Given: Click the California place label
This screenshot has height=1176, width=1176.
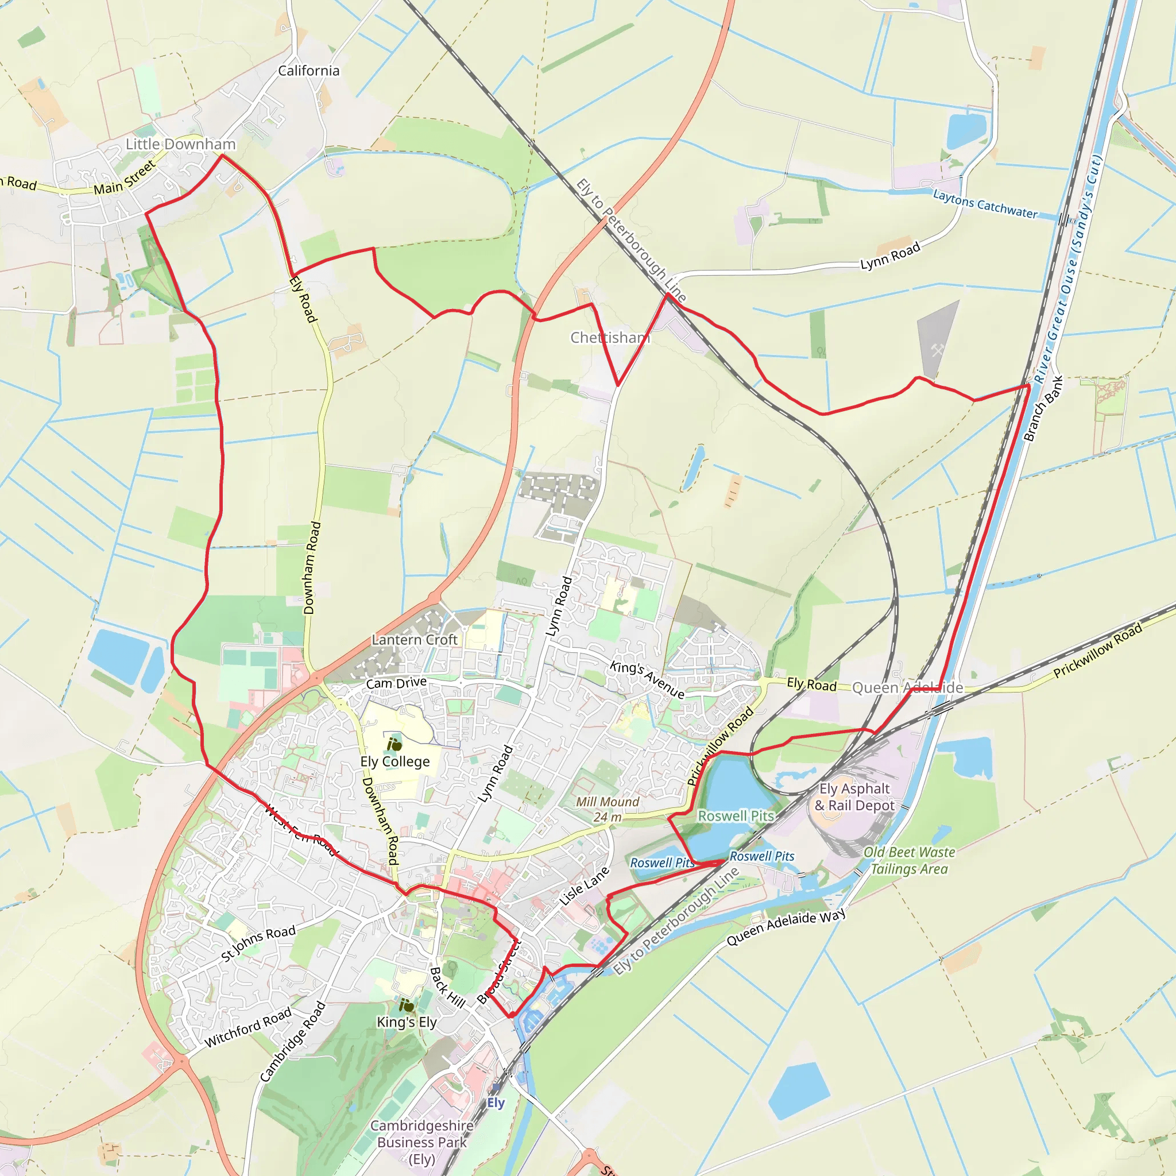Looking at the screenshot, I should tap(308, 71).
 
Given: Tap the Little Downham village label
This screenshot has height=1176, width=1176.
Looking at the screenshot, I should tap(180, 144).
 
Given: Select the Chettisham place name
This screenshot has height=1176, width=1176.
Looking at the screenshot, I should tap(610, 338).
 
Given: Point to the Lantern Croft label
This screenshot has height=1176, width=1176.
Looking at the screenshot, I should tap(415, 640).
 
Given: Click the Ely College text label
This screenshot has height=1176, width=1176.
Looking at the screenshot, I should tap(395, 761).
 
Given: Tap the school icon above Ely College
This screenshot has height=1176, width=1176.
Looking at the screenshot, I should tap(394, 744).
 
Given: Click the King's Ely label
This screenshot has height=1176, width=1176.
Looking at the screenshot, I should tap(407, 1022).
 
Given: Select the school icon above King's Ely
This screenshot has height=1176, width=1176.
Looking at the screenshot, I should tap(406, 1005).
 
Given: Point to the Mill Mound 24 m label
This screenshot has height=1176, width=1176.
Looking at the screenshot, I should tap(608, 810).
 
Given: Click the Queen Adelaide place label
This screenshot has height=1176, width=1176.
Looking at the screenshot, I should tap(907, 688).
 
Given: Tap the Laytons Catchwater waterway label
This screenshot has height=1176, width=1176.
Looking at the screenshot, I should tap(985, 204).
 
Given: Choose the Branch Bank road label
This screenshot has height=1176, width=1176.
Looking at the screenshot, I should tap(1043, 408).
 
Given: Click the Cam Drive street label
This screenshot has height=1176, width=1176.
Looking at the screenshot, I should tap(396, 683).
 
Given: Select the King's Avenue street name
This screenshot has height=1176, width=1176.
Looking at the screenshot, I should tap(647, 679).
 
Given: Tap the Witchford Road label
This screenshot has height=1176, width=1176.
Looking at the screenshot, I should tap(247, 1028).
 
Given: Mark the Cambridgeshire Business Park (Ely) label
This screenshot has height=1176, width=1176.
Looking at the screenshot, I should tap(422, 1143).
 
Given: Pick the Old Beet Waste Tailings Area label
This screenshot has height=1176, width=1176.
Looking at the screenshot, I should tap(909, 861).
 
